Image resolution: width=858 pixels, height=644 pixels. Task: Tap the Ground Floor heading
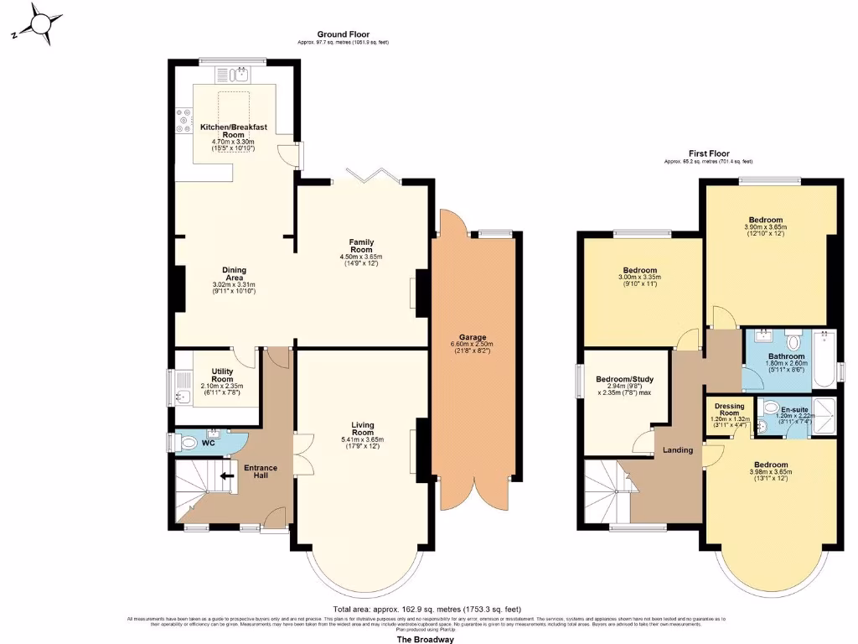(343, 34)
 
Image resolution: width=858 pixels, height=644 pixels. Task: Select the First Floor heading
(708, 153)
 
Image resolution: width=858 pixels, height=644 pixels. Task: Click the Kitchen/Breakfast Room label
(233, 131)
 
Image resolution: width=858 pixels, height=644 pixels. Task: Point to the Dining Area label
(234, 273)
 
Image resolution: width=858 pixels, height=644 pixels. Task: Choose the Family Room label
(361, 246)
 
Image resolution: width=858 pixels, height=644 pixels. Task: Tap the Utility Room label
(222, 375)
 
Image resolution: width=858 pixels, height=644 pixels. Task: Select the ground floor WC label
(209, 441)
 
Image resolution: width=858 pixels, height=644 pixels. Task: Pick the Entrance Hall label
(260, 472)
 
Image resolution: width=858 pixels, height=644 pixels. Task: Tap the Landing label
(678, 450)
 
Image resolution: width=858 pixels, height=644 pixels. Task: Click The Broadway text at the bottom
(425, 639)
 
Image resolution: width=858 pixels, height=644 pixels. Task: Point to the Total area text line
(427, 610)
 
